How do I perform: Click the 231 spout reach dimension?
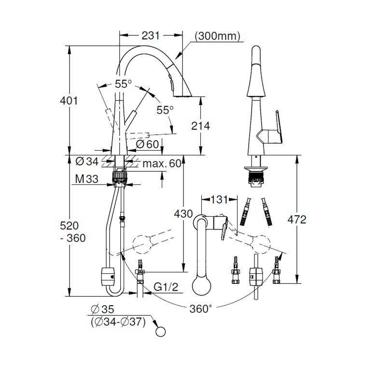click(151, 36)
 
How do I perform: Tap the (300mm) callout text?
click(218, 36)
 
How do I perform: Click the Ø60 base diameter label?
click(147, 144)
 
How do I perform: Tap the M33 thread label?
click(87, 180)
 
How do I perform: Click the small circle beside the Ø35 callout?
click(160, 331)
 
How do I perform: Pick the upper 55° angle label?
click(123, 84)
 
